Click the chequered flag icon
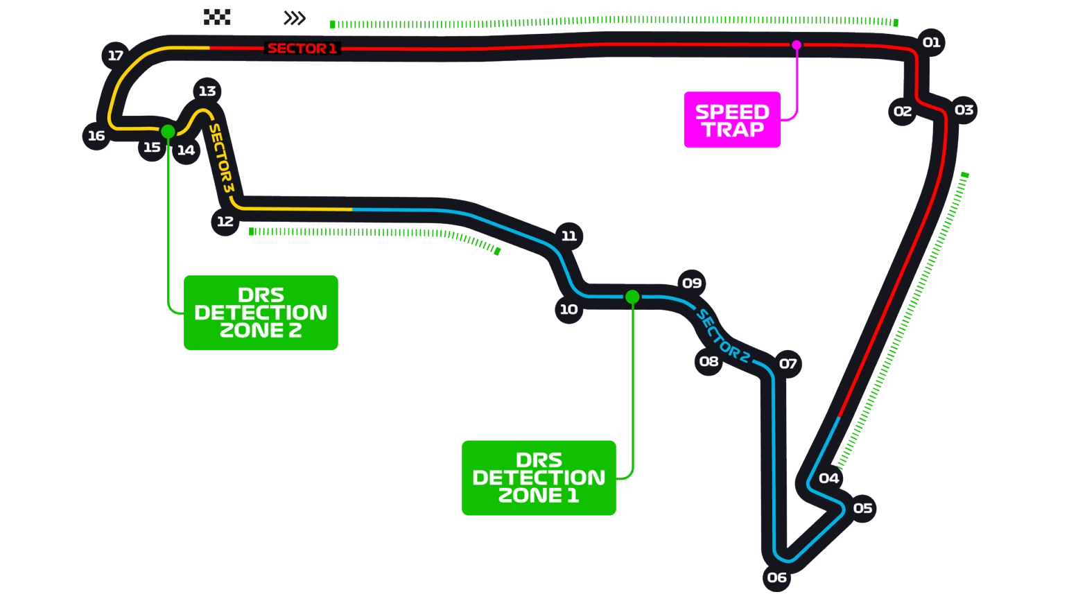tap(217, 17)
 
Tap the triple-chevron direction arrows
tap(295, 18)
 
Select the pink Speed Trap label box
tap(732, 120)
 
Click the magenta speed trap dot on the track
tap(797, 45)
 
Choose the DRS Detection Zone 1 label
tap(539, 478)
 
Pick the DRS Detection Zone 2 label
tap(261, 313)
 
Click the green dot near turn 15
tap(168, 131)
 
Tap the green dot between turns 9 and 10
tap(632, 297)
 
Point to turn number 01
tap(931, 42)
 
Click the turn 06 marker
tap(777, 577)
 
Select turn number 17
tap(116, 55)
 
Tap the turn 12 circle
tap(225, 222)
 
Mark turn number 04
tap(829, 478)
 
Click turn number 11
tap(569, 236)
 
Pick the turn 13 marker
tap(207, 91)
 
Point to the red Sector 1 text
tap(302, 49)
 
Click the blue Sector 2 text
tap(722, 336)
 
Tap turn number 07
tap(788, 364)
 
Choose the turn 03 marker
tap(964, 110)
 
